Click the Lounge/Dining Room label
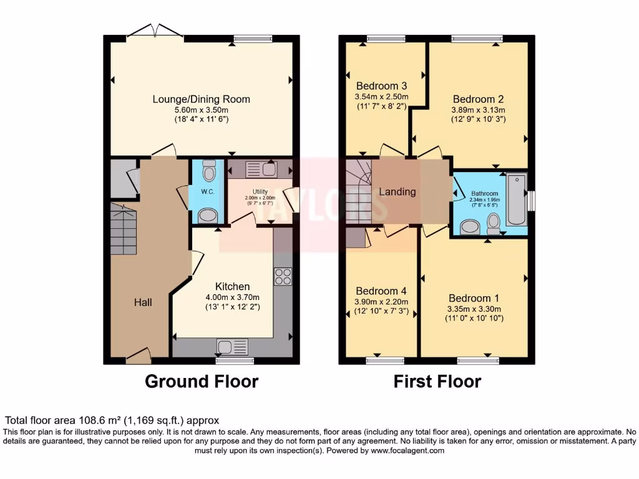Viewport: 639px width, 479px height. coord(202,99)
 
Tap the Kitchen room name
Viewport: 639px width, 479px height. coord(233,286)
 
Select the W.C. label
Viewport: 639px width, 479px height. coord(207,191)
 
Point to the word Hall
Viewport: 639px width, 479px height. coord(143,302)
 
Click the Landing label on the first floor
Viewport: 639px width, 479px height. coord(398,191)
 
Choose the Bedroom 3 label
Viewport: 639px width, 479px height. coord(381,86)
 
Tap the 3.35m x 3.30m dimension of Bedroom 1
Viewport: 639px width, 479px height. coord(474,309)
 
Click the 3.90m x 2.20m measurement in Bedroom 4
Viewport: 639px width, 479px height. coord(381,302)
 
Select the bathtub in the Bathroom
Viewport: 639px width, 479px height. coord(517,200)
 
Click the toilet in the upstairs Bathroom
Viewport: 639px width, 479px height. coord(494,221)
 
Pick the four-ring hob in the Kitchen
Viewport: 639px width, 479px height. coord(283,276)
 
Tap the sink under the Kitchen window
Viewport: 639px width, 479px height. coord(233,346)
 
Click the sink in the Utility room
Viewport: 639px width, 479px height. coord(261,168)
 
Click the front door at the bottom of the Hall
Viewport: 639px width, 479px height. coord(139,356)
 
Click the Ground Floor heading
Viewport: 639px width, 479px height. coord(202,381)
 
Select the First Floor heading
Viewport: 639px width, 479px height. coord(437,381)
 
